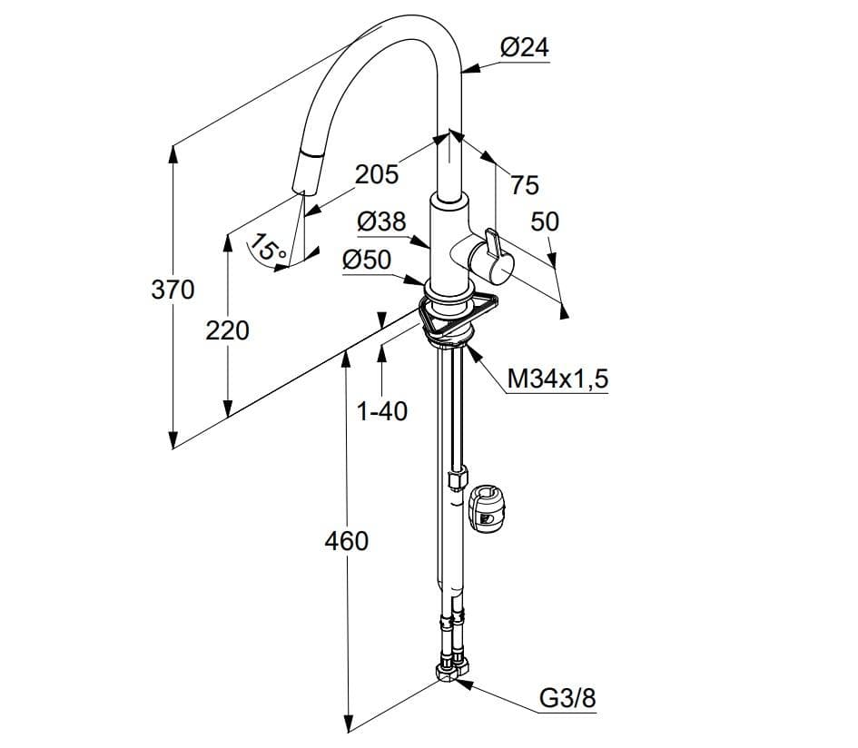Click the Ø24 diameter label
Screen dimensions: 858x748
[x=524, y=47]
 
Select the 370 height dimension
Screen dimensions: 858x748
[x=173, y=289]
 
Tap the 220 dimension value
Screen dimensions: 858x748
[x=227, y=330]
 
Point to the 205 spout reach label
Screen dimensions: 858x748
[x=377, y=174]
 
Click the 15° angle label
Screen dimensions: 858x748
[x=268, y=247]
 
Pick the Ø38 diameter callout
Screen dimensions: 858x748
[x=381, y=221]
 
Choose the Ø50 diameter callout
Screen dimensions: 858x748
[x=367, y=260]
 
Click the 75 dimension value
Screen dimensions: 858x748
[x=525, y=184]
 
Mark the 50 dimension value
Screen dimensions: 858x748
[x=545, y=221]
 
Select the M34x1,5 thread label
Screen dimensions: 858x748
[x=557, y=379]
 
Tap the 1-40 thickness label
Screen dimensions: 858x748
[x=382, y=411]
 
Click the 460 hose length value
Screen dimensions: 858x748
[x=346, y=541]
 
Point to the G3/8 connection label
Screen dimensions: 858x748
[x=567, y=698]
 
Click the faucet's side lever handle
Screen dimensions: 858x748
[x=492, y=257]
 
